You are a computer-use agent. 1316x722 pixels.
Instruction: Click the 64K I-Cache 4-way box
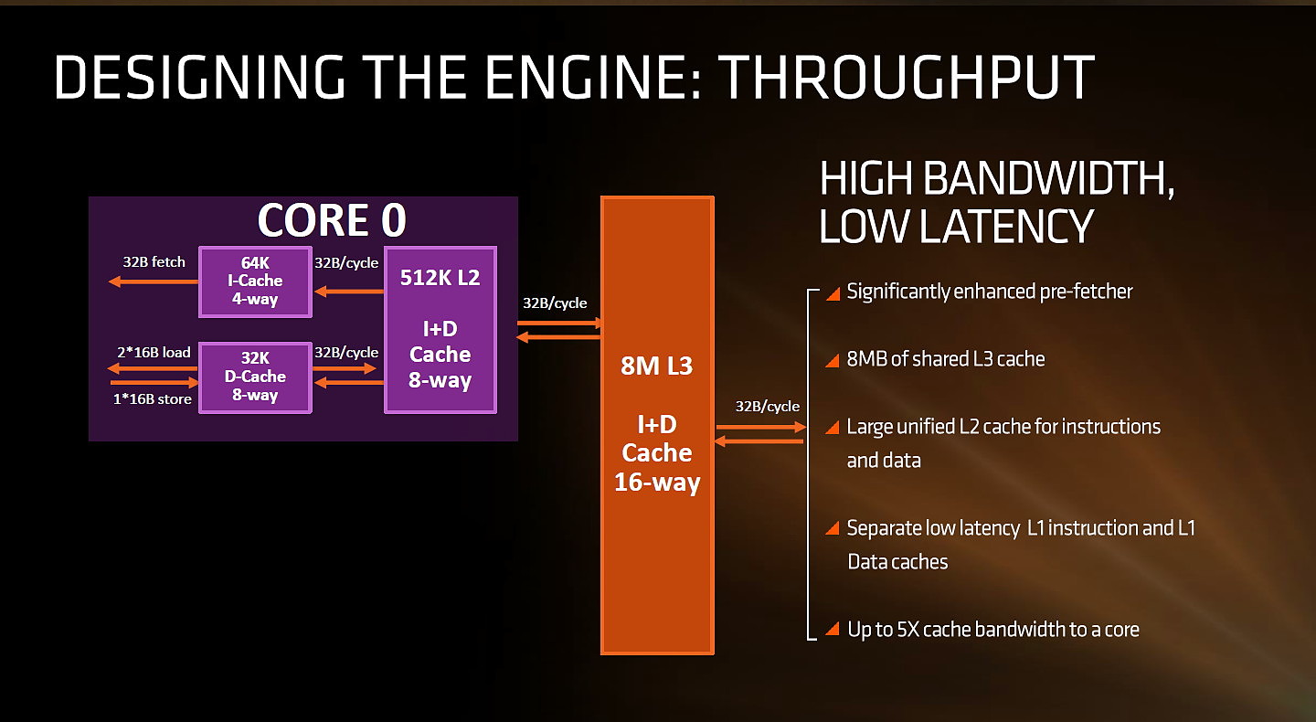pyautogui.click(x=255, y=281)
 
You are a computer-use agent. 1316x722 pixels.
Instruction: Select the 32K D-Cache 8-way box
pyautogui.click(x=255, y=377)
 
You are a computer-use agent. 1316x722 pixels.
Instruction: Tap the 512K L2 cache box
pyautogui.click(x=440, y=330)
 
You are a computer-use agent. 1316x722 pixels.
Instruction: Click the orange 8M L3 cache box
pyautogui.click(x=657, y=425)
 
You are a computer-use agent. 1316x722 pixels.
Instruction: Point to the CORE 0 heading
pyautogui.click(x=332, y=220)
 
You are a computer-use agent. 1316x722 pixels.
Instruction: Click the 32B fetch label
pyautogui.click(x=154, y=262)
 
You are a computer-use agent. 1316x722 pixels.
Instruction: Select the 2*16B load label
pyautogui.click(x=154, y=352)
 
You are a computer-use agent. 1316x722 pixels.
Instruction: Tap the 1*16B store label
pyautogui.click(x=152, y=398)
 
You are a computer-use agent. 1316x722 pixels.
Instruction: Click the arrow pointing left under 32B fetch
pyautogui.click(x=154, y=282)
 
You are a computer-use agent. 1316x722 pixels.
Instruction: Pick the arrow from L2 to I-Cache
pyautogui.click(x=349, y=292)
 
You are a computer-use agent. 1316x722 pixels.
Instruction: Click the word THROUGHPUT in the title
pyautogui.click(x=906, y=78)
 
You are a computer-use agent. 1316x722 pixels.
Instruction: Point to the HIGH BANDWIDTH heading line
pyautogui.click(x=997, y=178)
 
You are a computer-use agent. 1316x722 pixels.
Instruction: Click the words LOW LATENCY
pyautogui.click(x=956, y=226)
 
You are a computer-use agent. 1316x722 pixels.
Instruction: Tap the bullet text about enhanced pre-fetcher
pyautogui.click(x=990, y=292)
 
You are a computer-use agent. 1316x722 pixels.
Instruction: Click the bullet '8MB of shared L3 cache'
pyautogui.click(x=946, y=359)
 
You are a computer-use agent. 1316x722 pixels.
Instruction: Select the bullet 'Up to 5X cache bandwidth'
pyautogui.click(x=993, y=629)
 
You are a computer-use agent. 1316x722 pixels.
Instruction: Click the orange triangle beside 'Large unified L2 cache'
pyautogui.click(x=833, y=427)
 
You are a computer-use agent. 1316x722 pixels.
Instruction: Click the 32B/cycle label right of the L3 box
pyautogui.click(x=768, y=406)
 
